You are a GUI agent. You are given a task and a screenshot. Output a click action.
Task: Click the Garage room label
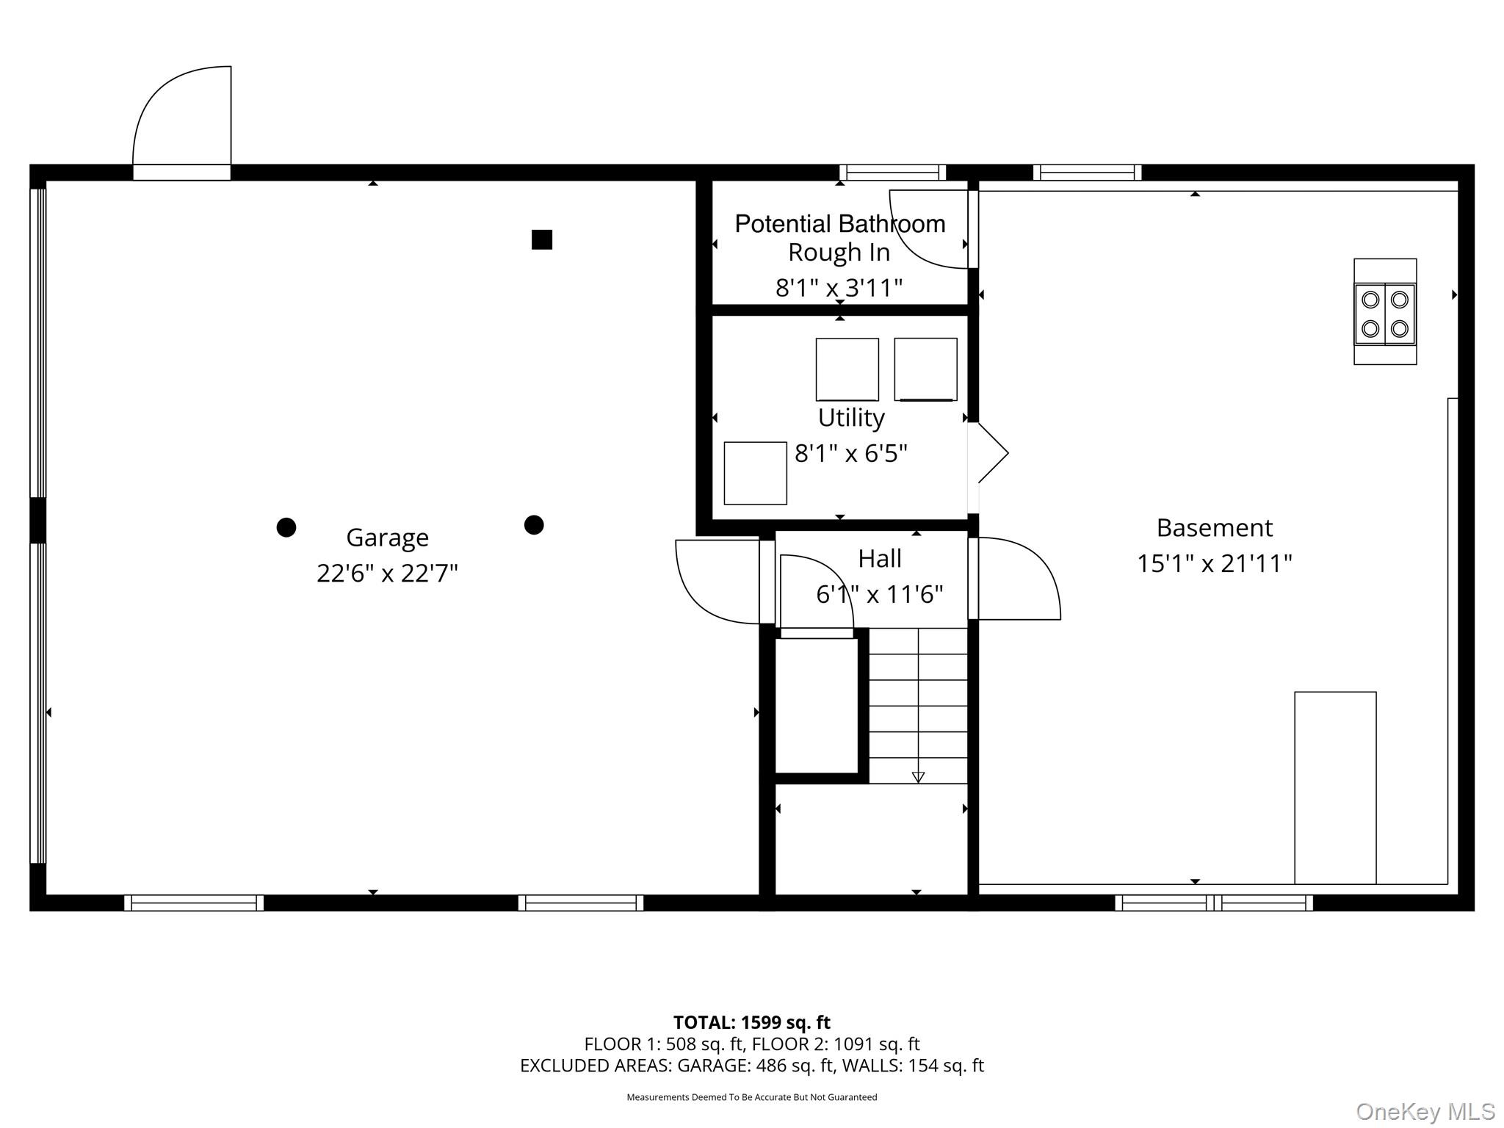coord(387,538)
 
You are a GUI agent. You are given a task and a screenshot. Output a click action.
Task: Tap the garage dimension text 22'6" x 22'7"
coord(387,573)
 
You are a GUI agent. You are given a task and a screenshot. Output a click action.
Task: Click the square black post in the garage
coord(542,239)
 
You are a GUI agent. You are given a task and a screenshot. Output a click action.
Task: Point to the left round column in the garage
coord(286,527)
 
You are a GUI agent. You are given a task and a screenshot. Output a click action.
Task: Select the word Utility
coord(851,418)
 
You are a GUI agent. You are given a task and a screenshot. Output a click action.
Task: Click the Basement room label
coord(1215,527)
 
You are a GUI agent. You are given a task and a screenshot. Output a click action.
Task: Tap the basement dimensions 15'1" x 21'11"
coord(1215,563)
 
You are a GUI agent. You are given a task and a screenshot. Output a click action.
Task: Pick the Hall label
coord(880,559)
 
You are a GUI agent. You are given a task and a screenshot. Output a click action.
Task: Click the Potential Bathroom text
coord(840,224)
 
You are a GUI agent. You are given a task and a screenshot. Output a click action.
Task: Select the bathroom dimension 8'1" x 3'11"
coord(839,288)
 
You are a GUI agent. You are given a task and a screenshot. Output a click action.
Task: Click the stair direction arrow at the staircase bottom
coord(918,777)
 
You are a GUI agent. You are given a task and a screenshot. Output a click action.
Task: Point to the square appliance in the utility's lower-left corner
coord(755,473)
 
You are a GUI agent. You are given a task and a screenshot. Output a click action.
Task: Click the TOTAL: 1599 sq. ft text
coord(751,1022)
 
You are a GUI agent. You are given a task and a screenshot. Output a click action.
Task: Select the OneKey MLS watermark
coord(1425,1112)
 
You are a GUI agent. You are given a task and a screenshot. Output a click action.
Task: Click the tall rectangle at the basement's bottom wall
coord(1335,788)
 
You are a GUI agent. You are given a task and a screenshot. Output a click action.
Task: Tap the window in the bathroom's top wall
coord(892,173)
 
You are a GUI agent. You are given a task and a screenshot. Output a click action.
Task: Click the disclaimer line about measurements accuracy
coord(751,1097)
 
